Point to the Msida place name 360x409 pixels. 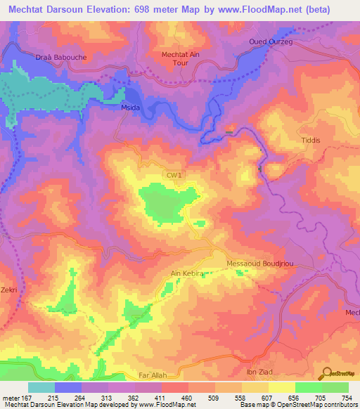[133, 108]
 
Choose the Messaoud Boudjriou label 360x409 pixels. [259, 264]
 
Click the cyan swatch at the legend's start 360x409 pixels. [41, 387]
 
